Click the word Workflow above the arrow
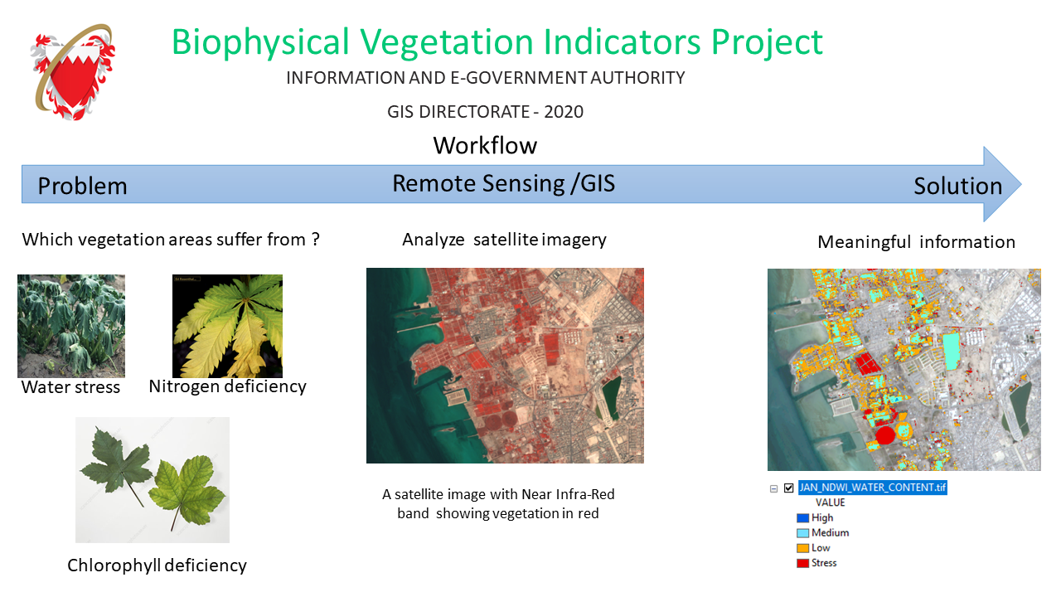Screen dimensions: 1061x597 pos(485,145)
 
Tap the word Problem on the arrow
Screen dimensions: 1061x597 pos(82,186)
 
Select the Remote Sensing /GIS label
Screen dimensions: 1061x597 pos(503,183)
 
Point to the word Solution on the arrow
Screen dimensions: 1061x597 pos(957,186)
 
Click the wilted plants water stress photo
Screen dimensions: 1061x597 pos(71,326)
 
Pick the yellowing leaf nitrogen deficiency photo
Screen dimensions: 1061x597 pos(227,326)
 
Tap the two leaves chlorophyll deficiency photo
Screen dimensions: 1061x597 pos(153,480)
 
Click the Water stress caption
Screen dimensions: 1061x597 pos(70,387)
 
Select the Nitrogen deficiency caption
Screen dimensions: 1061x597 pos(227,386)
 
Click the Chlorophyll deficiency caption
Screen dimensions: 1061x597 pos(157,565)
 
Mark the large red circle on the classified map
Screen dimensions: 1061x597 pos(884,435)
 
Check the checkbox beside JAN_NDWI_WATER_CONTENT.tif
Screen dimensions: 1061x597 pos(788,488)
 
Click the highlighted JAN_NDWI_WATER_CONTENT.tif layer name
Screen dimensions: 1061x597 pos(873,488)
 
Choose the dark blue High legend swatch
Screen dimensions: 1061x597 pos(802,518)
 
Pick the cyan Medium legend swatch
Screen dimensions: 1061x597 pos(802,533)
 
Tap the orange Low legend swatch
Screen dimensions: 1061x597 pos(802,548)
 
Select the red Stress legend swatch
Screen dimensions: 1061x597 pos(802,563)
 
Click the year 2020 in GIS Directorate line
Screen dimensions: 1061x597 pos(564,112)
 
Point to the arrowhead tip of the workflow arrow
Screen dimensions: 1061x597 pos(1021,184)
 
